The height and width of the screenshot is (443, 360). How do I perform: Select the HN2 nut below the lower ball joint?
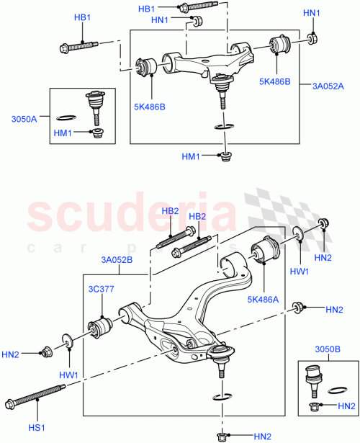222,435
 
